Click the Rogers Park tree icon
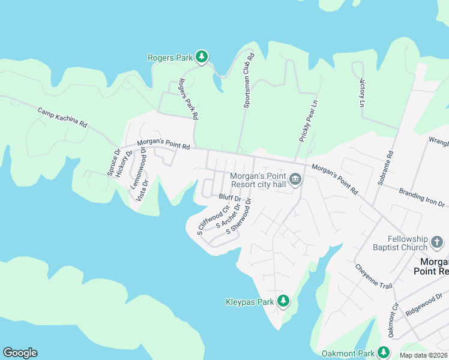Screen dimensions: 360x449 coord(202,57)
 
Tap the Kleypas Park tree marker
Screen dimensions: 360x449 coord(283,301)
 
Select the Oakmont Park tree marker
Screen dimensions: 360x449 coord(384,353)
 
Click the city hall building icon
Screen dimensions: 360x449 coord(295,179)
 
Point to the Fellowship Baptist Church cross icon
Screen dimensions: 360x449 coord(437,243)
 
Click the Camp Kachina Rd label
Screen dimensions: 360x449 coord(62,118)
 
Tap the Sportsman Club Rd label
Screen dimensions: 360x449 coord(249,80)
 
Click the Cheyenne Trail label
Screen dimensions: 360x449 coord(373,276)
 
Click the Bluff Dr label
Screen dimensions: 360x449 coord(230,197)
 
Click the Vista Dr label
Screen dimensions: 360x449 coord(142,190)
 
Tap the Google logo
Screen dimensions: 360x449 coord(20,353)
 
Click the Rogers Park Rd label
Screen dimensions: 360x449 coord(189,99)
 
